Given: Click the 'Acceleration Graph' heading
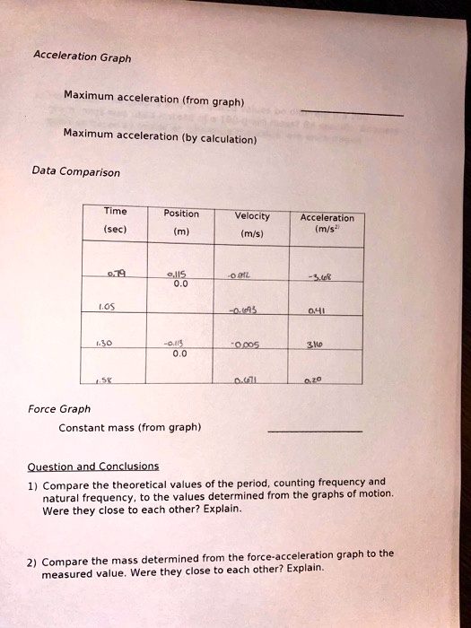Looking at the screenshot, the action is click(82, 56).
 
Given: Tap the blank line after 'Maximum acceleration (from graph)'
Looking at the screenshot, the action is click(352, 114).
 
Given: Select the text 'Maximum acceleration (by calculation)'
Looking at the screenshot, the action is click(160, 136).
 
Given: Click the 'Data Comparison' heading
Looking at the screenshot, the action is click(75, 170).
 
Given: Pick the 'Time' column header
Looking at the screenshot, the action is click(116, 212).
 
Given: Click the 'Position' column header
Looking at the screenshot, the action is click(181, 214).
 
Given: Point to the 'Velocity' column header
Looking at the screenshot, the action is click(251, 215).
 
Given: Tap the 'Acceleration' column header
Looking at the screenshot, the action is click(327, 217).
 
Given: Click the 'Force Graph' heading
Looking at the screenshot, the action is click(60, 409).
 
